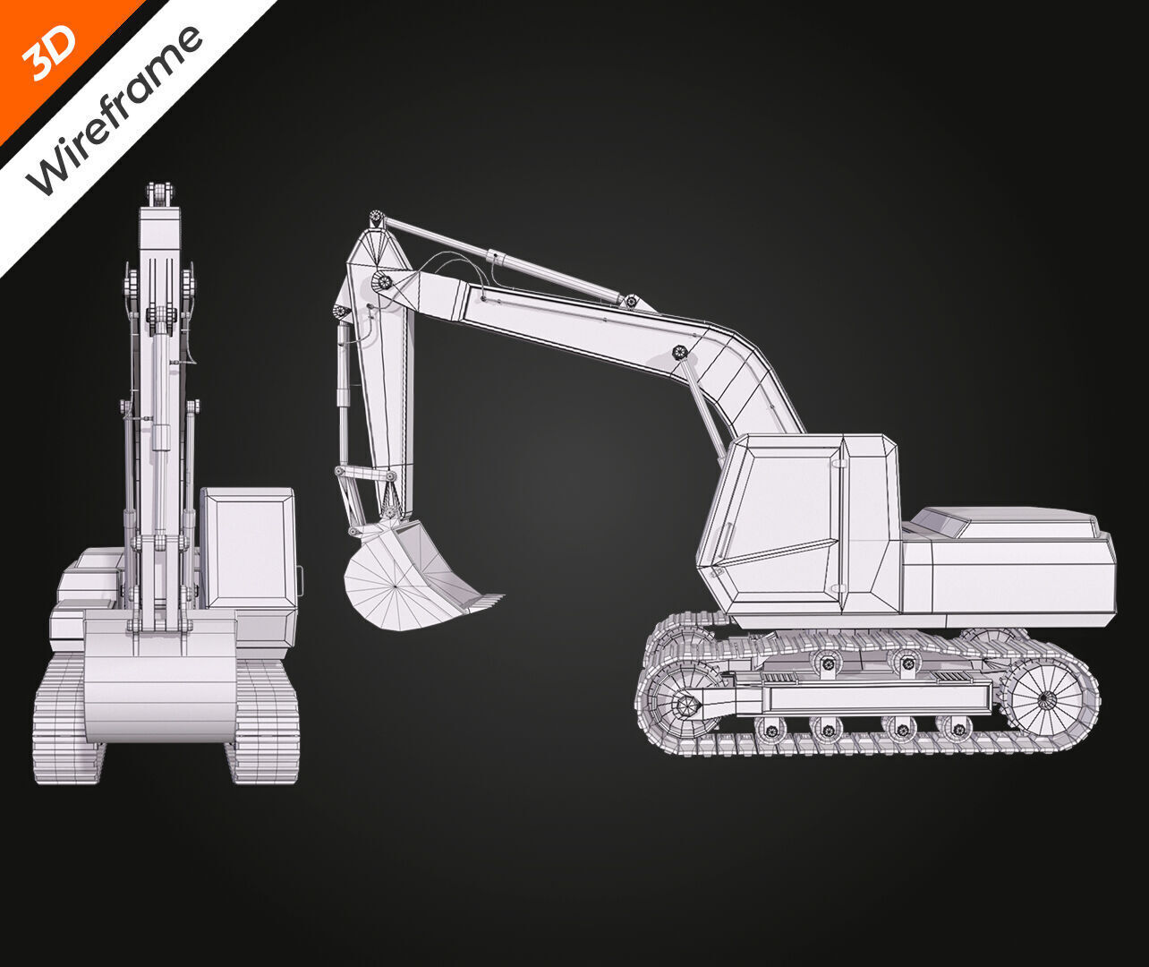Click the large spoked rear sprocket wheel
(x=1047, y=697)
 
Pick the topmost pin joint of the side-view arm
(x=377, y=218)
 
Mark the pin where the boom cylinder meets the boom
(x=679, y=351)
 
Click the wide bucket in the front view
(x=161, y=680)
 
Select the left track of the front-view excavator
(x=67, y=716)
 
